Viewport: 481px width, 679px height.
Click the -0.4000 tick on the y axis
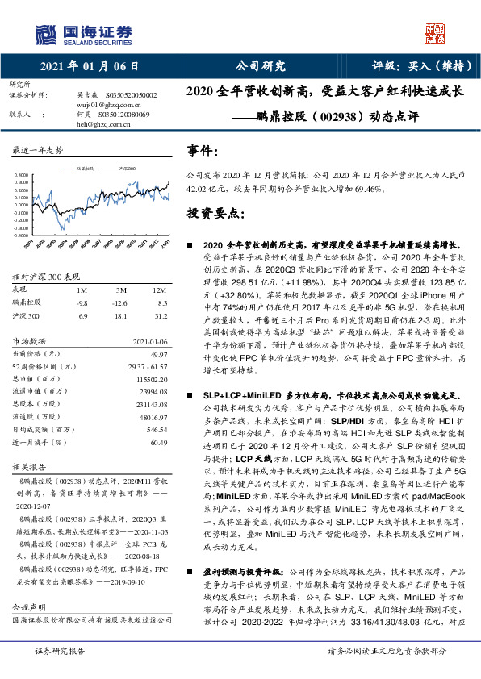pyautogui.click(x=23, y=235)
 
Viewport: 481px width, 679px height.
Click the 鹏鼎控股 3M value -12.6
pyautogui.click(x=120, y=302)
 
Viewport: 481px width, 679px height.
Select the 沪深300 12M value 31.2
pyautogui.click(x=160, y=316)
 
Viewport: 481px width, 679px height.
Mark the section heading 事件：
pyautogui.click(x=203, y=151)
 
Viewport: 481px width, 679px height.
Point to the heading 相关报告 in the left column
pyautogui.click(x=30, y=467)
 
